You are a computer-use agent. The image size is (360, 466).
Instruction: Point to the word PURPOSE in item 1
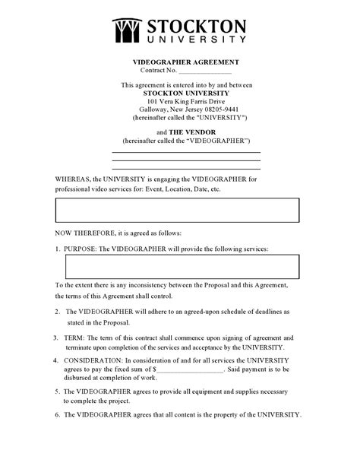(81, 249)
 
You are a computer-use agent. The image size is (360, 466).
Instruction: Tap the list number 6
(58, 415)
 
